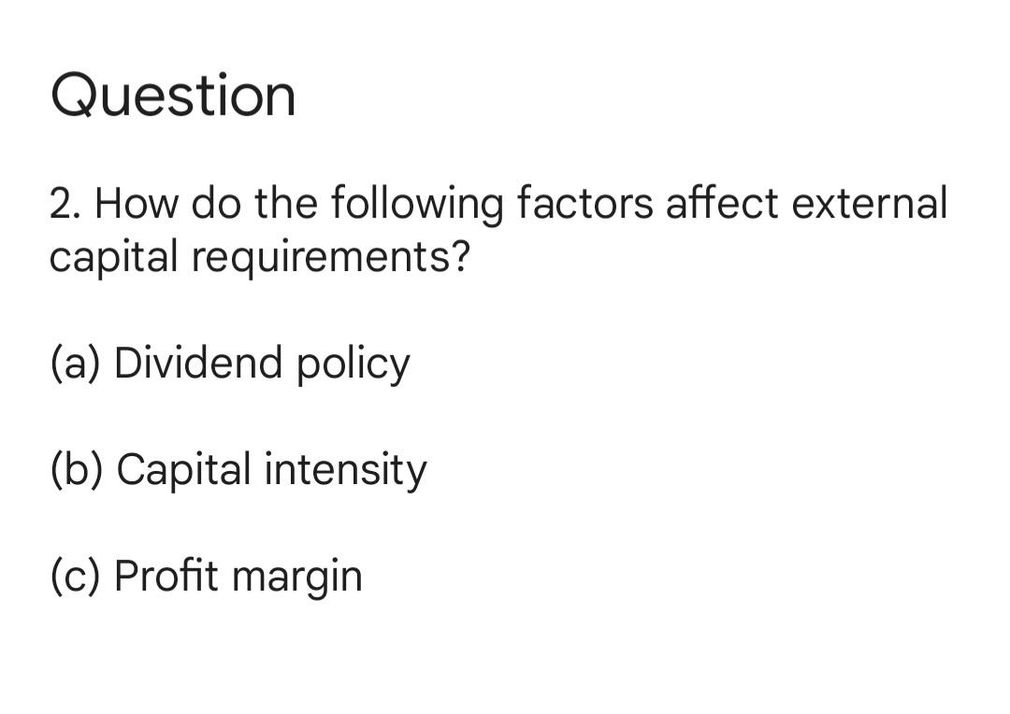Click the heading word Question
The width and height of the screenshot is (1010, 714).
tap(173, 96)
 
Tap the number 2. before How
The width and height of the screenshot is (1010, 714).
tap(65, 203)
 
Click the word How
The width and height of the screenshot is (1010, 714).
tap(137, 203)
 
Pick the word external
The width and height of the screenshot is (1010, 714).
tap(870, 203)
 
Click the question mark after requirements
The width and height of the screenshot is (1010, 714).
tap(458, 255)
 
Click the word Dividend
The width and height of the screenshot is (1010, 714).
tap(197, 363)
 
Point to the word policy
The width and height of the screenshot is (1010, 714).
tap(353, 364)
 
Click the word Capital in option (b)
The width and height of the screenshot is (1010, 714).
tap(183, 470)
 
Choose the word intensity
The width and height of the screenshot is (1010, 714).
tap(345, 470)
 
